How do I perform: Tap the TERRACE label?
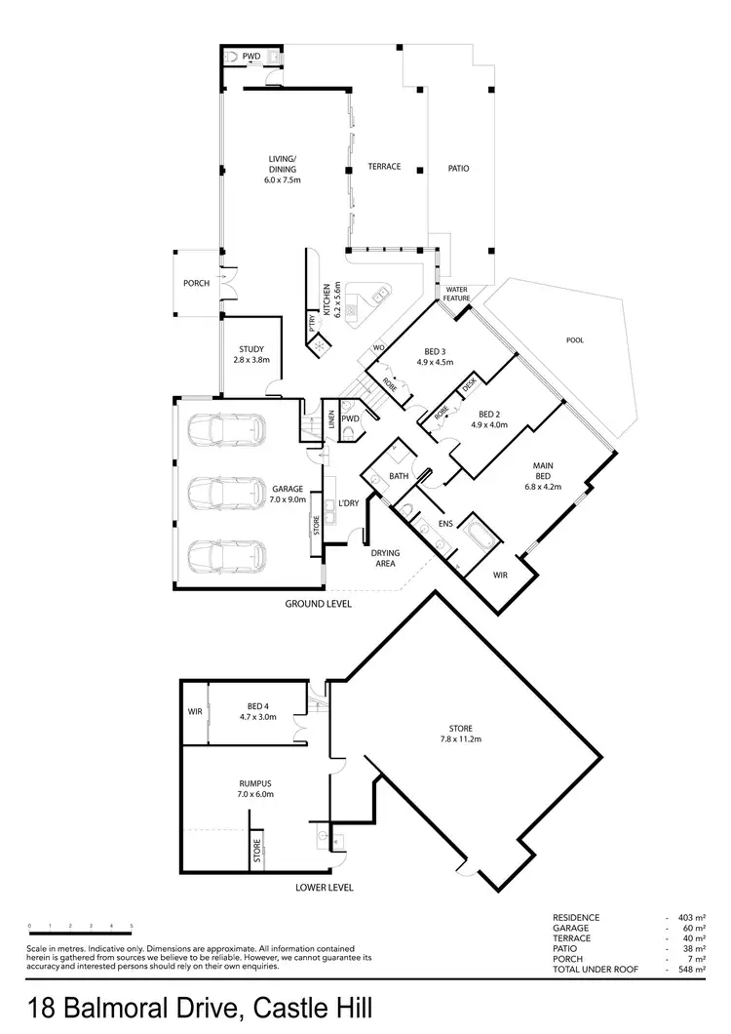tap(384, 167)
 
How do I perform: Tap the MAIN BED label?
tap(545, 472)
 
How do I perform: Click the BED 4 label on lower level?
tap(257, 705)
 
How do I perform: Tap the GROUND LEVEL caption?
tap(318, 604)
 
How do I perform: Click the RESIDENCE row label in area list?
tap(577, 918)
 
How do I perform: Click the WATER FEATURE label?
tap(457, 294)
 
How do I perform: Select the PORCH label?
tap(196, 284)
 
